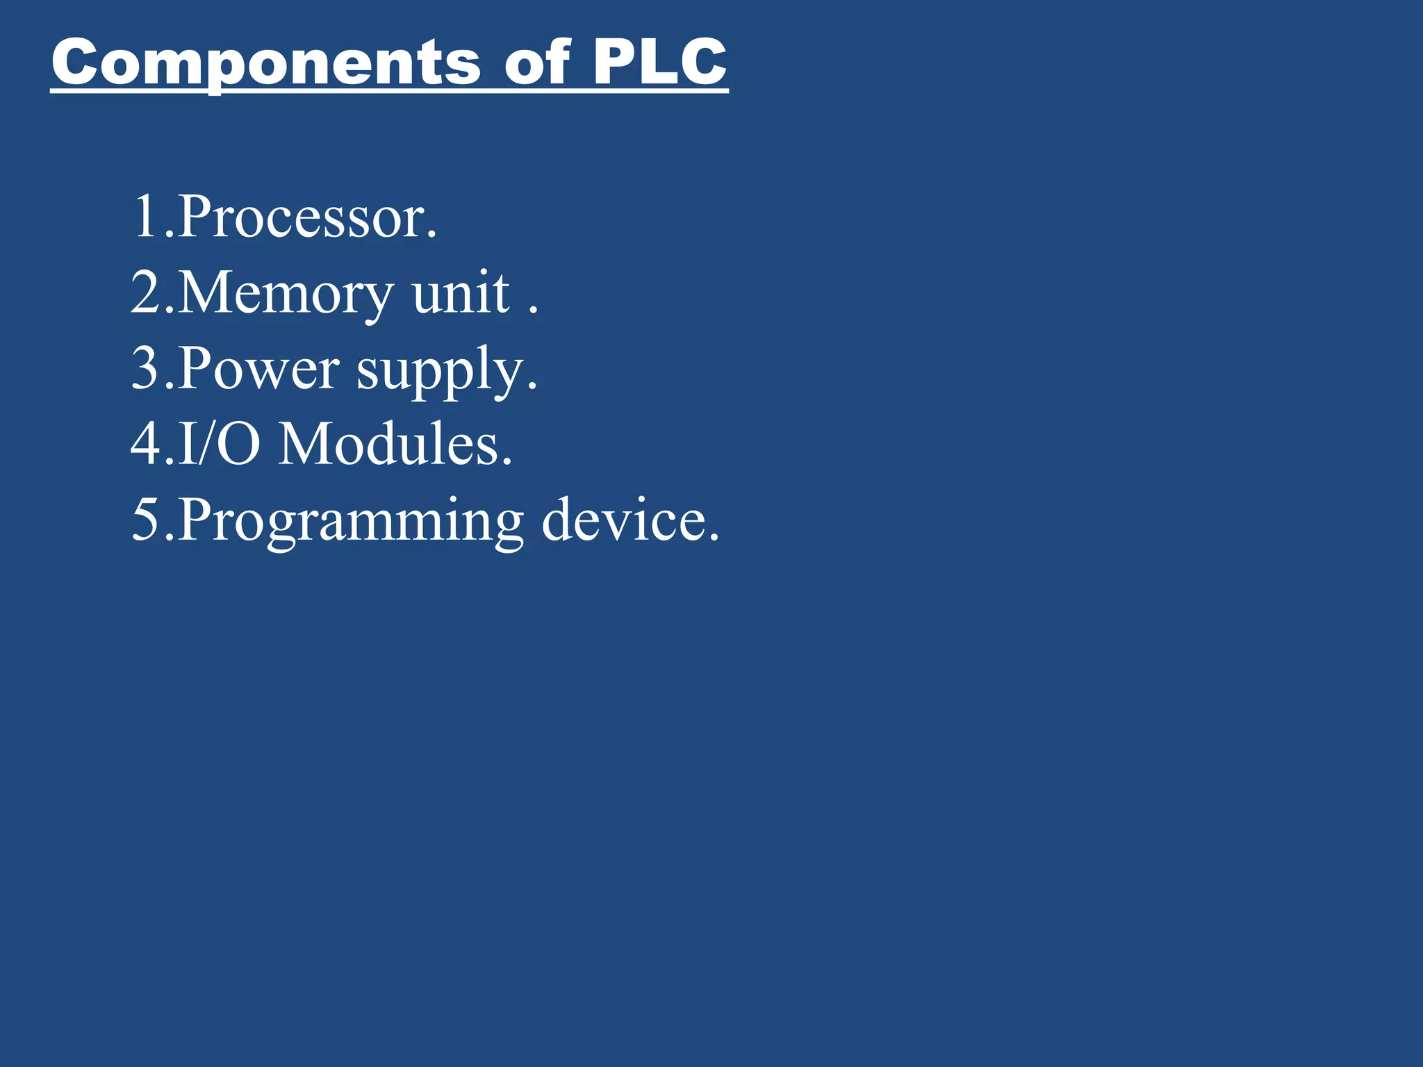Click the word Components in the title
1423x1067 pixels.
(x=265, y=64)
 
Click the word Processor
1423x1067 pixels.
(x=302, y=217)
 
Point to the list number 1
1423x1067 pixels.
(x=147, y=217)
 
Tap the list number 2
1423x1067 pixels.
(x=146, y=293)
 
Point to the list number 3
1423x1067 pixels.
(x=146, y=369)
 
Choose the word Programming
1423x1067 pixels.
(x=351, y=522)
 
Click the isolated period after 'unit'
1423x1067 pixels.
(x=533, y=311)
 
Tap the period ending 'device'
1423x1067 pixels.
(x=714, y=538)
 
